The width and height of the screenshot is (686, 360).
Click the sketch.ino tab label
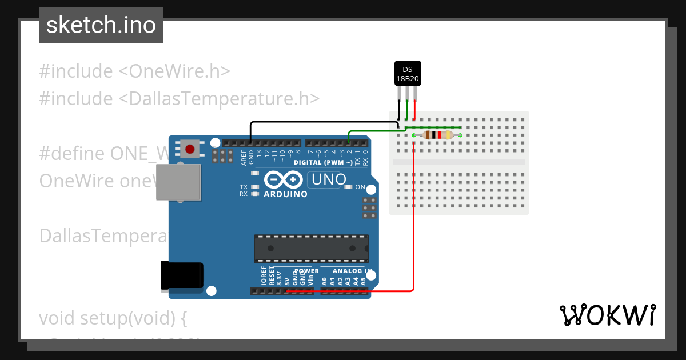click(x=101, y=25)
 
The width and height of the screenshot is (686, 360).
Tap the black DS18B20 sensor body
click(x=408, y=73)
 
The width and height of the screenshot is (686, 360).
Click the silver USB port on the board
click(x=178, y=182)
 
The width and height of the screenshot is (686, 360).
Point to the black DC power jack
click(x=181, y=275)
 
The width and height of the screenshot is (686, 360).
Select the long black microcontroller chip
click(x=311, y=249)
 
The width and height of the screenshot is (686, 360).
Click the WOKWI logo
click(x=607, y=315)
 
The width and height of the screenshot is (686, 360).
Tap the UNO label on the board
click(x=327, y=179)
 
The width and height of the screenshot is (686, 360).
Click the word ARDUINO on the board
click(x=285, y=194)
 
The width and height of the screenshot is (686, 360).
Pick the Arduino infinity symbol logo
click(x=284, y=180)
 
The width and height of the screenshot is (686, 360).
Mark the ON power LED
click(x=348, y=187)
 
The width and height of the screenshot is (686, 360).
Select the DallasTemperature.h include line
click(x=179, y=98)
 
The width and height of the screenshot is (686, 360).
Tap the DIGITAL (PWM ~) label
click(x=323, y=162)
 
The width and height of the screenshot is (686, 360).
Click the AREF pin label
click(x=244, y=157)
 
